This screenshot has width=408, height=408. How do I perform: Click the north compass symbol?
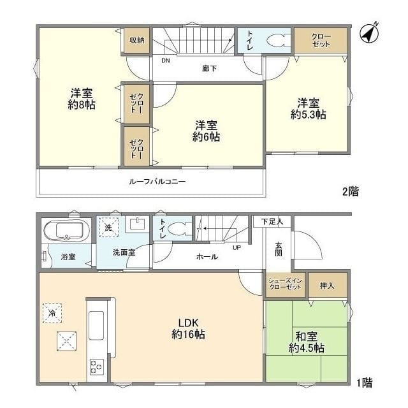369,34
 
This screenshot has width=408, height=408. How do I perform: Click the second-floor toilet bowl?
279,41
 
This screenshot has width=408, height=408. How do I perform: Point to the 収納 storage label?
137,40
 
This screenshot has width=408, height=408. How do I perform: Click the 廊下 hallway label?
210,68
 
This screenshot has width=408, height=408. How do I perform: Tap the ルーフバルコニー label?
157,181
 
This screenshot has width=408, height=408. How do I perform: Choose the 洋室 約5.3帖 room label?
309,109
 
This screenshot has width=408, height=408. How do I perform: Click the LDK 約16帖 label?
188,329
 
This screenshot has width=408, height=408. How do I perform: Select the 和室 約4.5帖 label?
307,342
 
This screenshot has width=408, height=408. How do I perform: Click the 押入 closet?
328,285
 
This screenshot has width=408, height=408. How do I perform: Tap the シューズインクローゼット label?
285,284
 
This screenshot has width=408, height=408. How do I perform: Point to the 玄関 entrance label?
279,249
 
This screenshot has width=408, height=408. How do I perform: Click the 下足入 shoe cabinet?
272,222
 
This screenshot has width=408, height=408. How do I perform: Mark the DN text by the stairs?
166,61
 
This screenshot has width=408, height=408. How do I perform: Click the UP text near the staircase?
237,247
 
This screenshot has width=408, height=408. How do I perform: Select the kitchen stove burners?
97,367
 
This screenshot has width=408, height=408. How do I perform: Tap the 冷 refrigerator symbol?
52,313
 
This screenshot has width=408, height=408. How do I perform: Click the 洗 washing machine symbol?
108,228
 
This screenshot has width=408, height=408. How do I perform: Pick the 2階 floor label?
351,192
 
